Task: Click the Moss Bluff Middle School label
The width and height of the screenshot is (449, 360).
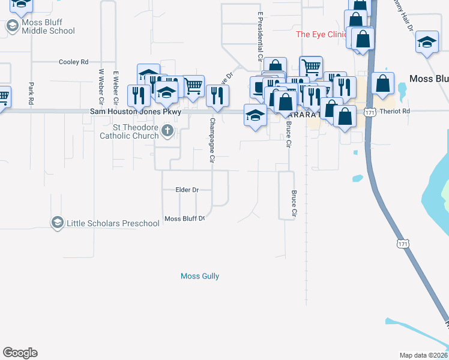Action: point(48,27)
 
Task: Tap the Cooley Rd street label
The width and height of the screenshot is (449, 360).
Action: point(73,62)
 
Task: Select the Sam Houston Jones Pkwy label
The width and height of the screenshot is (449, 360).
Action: point(136,112)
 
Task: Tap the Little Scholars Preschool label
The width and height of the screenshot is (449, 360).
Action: point(113,223)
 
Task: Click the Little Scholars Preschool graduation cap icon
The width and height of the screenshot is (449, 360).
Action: point(57,223)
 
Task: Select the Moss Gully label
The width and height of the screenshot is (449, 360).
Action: point(200,276)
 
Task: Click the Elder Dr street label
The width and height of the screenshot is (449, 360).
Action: point(187,190)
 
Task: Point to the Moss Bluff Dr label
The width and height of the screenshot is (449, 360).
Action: point(185,218)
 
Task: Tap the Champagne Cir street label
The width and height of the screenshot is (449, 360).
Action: point(212,140)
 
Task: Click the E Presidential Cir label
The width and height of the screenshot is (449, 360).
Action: point(261,37)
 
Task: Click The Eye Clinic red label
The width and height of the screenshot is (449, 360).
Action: point(321,34)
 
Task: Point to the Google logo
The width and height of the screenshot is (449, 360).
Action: point(20,353)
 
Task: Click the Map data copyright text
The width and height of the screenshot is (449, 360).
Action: point(423,355)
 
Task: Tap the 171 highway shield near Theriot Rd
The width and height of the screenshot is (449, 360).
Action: point(371,112)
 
